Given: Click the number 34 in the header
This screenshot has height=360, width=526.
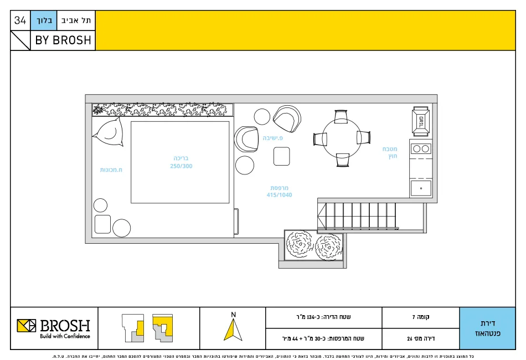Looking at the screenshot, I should tap(20, 20).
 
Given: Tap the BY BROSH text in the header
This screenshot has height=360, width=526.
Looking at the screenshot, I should tap(63, 40).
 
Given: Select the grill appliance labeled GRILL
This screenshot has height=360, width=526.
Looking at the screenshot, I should tap(421, 121).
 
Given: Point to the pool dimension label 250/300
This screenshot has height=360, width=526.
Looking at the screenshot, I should tap(181, 166).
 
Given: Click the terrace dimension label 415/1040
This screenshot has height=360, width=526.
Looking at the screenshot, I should tap(279, 195).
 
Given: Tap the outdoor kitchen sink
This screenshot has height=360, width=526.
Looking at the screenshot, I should tap(421, 188).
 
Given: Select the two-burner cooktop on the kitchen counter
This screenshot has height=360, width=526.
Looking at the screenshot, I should tap(421, 148).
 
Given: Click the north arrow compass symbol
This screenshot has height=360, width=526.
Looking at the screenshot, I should tap(233, 330).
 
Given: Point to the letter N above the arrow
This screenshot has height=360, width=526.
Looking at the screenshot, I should tap(233, 315).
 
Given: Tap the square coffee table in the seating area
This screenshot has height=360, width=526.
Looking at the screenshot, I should tap(282, 157).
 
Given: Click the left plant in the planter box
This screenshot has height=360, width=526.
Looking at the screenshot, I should tap(300, 244).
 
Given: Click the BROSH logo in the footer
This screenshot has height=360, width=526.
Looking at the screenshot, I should tap(53, 326).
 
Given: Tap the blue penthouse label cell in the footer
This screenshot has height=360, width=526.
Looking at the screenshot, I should tap(487, 328).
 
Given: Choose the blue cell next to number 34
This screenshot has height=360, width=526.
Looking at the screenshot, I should tap(44, 20).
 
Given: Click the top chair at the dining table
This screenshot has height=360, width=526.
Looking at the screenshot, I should tap(341, 116).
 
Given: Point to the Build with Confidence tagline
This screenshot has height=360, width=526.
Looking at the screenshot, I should tap(65, 336).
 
